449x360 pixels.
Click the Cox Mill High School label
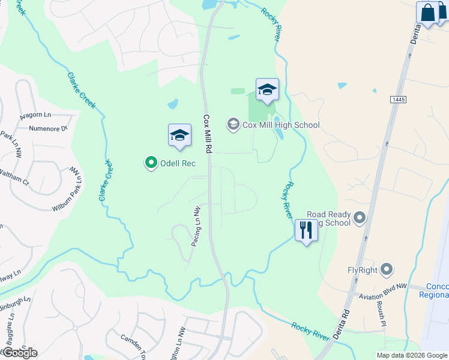(281, 125)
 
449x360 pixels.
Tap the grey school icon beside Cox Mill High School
(232, 125)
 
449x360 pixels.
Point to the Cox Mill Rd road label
(207, 136)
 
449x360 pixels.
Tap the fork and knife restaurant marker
(306, 230)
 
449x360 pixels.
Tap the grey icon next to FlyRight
(387, 269)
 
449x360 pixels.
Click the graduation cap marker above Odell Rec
(179, 136)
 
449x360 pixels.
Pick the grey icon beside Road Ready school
(360, 217)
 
